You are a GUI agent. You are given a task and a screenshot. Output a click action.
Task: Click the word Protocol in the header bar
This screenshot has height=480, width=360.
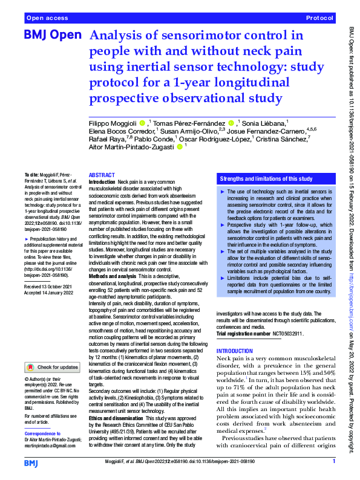319,19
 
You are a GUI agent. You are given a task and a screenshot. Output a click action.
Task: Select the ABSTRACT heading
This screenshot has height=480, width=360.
102,174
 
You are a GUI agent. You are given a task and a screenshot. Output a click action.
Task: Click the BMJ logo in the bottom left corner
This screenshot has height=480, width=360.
31,462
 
